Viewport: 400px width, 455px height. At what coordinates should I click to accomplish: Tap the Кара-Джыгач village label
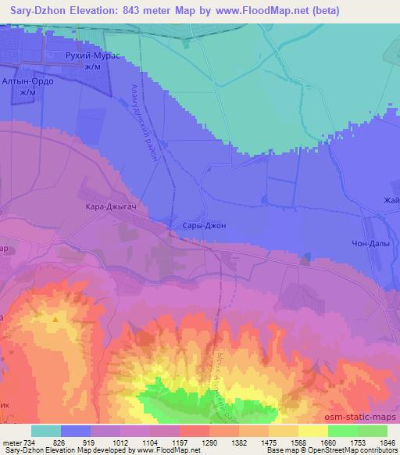pos(105,206)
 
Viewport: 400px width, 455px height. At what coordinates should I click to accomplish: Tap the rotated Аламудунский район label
pos(145,123)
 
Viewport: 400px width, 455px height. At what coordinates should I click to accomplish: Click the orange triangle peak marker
pos(55,319)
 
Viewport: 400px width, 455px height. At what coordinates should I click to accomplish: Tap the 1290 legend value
pos(210,442)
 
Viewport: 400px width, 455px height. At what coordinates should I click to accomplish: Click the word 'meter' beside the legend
pos(12,442)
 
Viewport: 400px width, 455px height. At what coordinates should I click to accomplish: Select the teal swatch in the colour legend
pos(46,431)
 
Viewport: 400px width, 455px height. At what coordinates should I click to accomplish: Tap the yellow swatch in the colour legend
pos(312,431)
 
